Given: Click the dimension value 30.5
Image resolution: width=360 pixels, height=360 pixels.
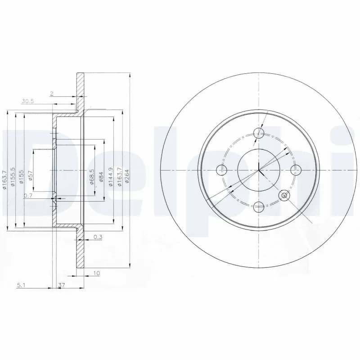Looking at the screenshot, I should [x=28, y=102].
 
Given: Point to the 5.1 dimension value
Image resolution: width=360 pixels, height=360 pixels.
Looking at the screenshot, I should [x=20, y=285].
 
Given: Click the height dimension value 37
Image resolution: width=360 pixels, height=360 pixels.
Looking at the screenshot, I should [x=62, y=285].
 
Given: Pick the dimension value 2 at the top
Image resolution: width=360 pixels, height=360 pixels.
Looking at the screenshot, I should [x=52, y=93].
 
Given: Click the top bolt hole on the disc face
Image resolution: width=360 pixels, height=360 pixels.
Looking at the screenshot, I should [x=259, y=133].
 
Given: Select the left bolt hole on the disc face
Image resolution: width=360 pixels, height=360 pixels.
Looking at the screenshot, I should [x=221, y=170].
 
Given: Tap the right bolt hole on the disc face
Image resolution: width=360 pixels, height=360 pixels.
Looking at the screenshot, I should [x=296, y=170].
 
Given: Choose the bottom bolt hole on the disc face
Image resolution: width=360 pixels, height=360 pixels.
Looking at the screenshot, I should [x=259, y=207].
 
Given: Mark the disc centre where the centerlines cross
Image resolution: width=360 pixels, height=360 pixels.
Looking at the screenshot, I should [x=259, y=170].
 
